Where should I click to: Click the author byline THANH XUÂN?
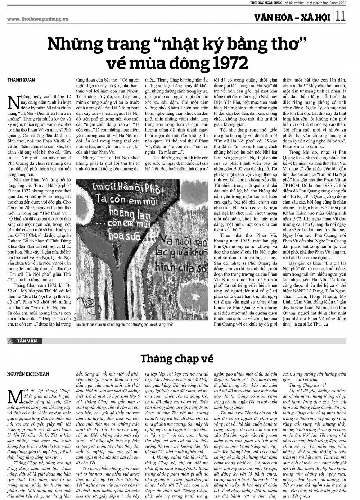(x=19, y=80)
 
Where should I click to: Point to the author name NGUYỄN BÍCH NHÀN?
(x=28, y=374)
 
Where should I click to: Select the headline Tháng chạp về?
(x=177, y=358)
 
